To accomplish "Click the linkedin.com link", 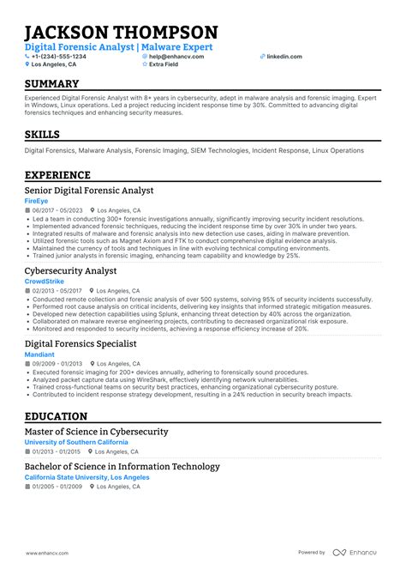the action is tap(284, 56).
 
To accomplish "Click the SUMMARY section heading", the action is tap(52, 84).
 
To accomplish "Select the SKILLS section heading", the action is tap(43, 135).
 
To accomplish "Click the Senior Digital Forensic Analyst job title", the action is tap(89, 191).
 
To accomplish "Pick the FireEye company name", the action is tap(37, 201).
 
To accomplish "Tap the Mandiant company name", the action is tap(39, 354).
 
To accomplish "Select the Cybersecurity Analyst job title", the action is tap(71, 269).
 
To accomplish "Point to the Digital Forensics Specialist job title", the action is tap(81, 343).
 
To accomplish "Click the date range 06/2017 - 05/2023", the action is tap(57, 210).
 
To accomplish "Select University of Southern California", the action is tap(76, 442).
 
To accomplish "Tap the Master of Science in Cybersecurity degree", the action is tap(96, 432).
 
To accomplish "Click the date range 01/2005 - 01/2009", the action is tap(57, 487).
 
